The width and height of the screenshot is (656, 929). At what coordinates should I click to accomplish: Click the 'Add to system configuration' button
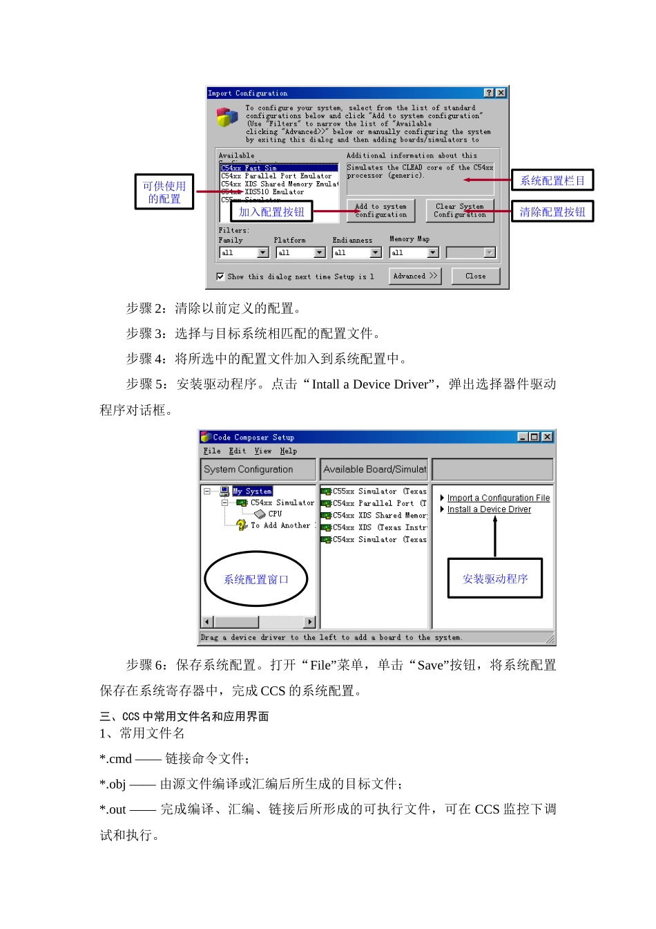pos(380,211)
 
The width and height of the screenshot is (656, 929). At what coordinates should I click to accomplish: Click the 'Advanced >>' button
pos(414,276)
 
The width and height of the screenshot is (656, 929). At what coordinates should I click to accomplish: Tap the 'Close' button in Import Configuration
pos(475,276)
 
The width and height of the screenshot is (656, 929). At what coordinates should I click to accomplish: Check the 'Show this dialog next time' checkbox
pos(220,276)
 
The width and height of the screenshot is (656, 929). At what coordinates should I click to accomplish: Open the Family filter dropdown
pos(262,253)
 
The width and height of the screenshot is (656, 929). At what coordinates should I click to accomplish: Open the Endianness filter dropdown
pos(376,253)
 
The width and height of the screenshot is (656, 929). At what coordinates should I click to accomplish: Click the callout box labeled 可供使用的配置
pos(164,192)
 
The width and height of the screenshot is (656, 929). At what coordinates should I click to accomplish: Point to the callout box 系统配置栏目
pos(552,181)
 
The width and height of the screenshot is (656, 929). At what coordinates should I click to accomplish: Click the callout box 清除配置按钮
pos(552,212)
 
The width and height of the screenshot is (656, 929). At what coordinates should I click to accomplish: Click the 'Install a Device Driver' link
pos(489,509)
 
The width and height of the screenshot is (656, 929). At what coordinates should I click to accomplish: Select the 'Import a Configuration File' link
pos(498,498)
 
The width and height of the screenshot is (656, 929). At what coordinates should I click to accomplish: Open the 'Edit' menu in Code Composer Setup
pos(237,451)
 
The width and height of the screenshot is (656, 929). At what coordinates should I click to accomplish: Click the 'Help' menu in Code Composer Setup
pos(288,451)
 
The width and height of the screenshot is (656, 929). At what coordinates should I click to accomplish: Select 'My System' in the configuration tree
pos(252,491)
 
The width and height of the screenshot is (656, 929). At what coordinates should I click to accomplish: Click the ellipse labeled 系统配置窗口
pos(255,579)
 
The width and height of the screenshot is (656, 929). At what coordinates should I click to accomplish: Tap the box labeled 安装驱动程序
pos(494,579)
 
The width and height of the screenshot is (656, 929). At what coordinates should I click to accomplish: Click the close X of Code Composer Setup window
pos(547,437)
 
